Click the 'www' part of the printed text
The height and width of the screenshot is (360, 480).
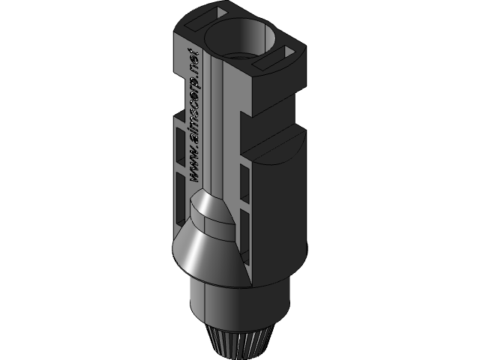(194, 166)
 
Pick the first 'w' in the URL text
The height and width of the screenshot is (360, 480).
(193, 176)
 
